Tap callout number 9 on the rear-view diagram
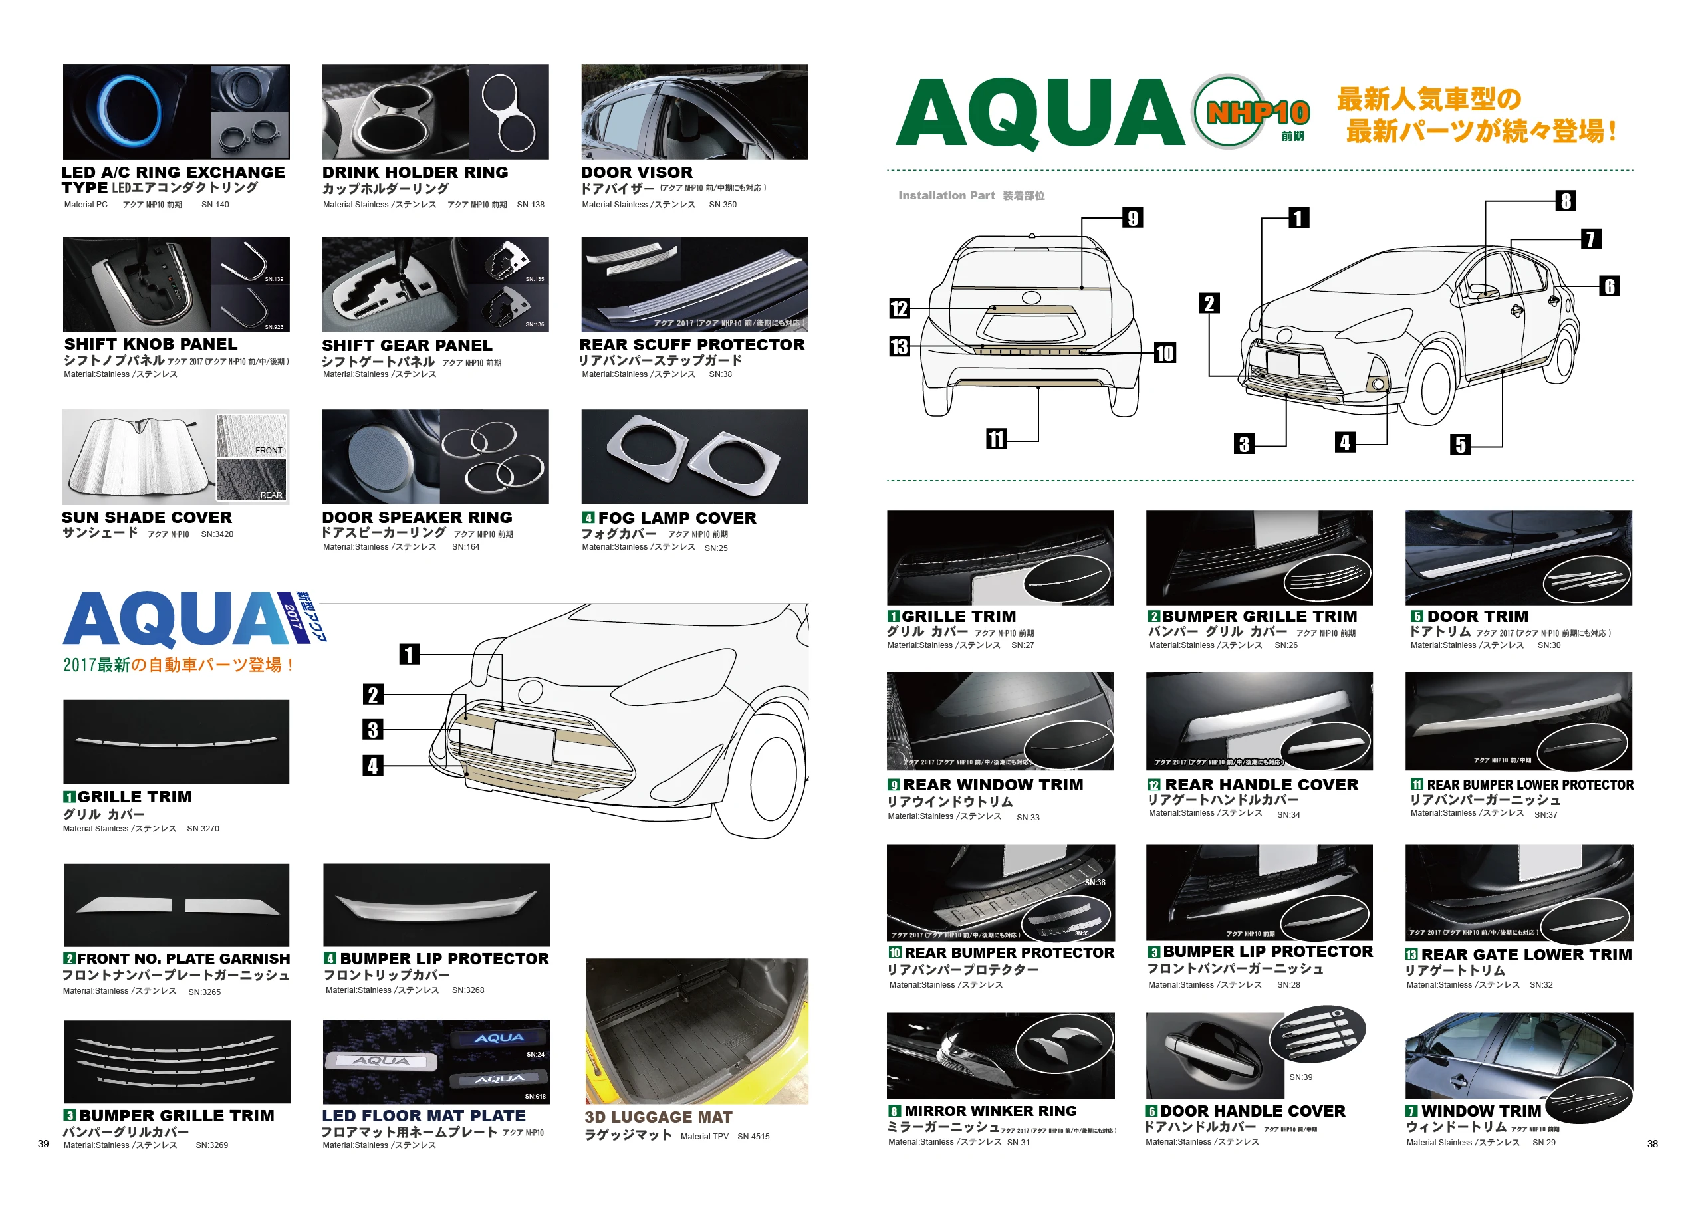(1133, 218)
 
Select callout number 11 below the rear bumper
(996, 439)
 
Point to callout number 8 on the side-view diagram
(1565, 200)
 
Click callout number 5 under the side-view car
(1460, 445)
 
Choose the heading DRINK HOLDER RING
(415, 173)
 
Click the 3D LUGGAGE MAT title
(658, 1117)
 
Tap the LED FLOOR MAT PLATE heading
(424, 1115)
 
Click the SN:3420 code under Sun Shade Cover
(217, 535)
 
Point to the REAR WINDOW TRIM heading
(992, 785)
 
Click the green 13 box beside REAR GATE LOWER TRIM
(1411, 954)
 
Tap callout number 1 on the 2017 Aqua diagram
(409, 655)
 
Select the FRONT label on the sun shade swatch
(268, 451)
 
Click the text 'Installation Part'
(946, 195)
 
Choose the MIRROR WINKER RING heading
(990, 1111)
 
